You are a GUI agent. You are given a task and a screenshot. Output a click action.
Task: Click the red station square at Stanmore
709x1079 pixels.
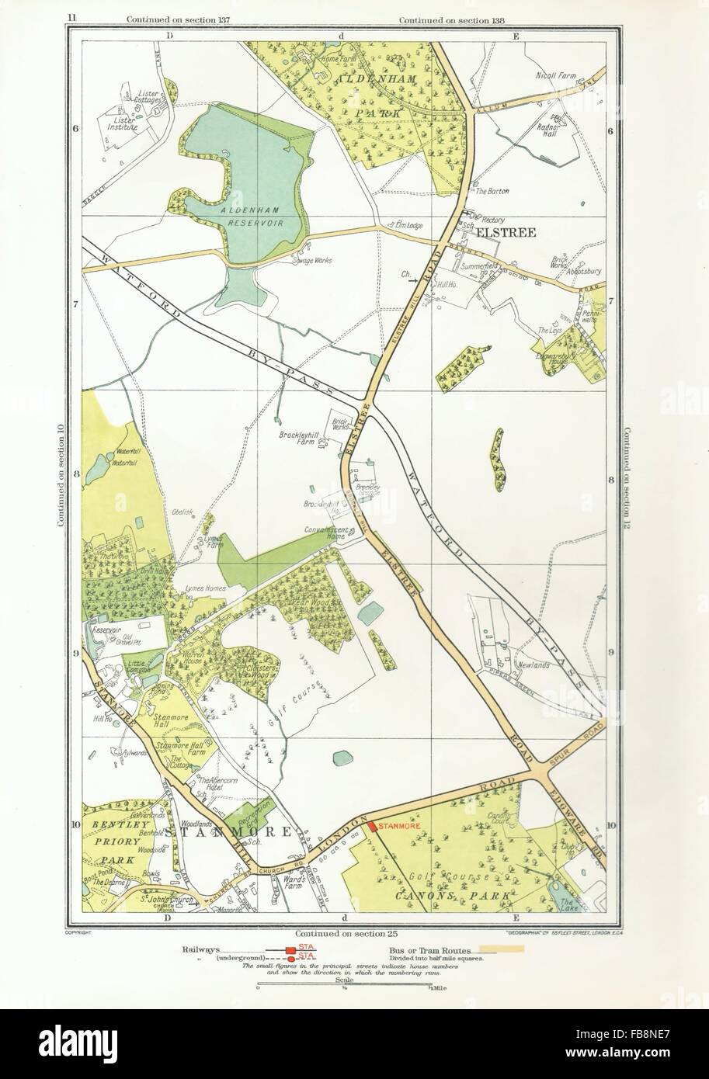[372, 827]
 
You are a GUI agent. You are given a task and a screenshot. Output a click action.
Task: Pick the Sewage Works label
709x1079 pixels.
[312, 261]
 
